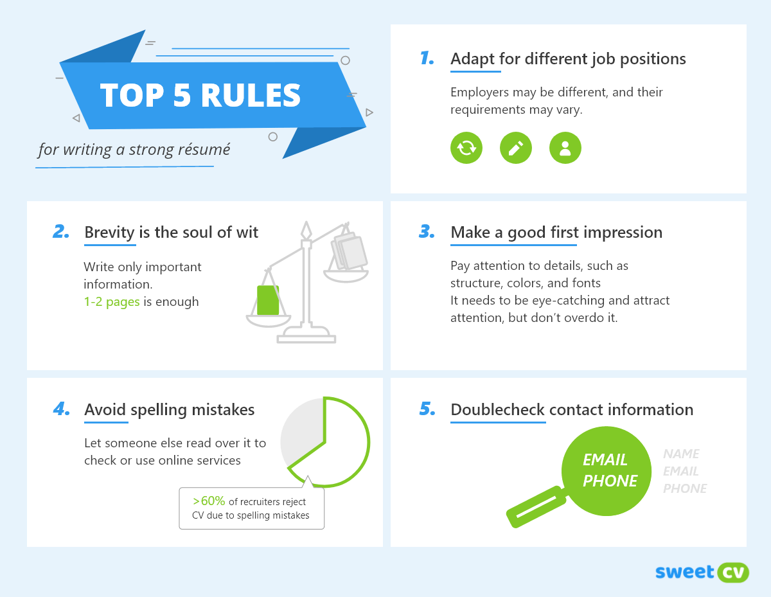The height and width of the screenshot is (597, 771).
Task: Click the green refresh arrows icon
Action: click(x=466, y=148)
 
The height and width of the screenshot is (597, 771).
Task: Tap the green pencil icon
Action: click(x=515, y=148)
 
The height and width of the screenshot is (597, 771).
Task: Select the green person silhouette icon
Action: click(x=565, y=148)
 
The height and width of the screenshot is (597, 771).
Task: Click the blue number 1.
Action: click(x=427, y=58)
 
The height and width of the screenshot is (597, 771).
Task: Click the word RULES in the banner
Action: click(x=251, y=95)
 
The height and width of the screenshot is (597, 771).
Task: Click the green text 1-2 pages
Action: click(x=112, y=301)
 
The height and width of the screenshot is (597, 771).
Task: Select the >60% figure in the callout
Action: click(x=209, y=501)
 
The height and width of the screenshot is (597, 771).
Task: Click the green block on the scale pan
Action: click(x=268, y=300)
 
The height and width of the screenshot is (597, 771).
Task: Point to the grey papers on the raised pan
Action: click(x=349, y=251)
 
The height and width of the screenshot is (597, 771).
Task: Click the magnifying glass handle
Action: click(x=536, y=507)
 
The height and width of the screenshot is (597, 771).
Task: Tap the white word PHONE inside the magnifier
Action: click(x=610, y=481)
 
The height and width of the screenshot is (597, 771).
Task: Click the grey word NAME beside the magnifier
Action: click(x=681, y=454)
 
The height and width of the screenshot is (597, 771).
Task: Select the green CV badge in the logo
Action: click(x=733, y=573)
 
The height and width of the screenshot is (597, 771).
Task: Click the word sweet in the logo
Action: click(x=684, y=572)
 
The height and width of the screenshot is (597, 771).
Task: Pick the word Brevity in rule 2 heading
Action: click(x=109, y=233)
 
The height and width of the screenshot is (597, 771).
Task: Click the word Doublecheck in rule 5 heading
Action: click(x=497, y=410)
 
